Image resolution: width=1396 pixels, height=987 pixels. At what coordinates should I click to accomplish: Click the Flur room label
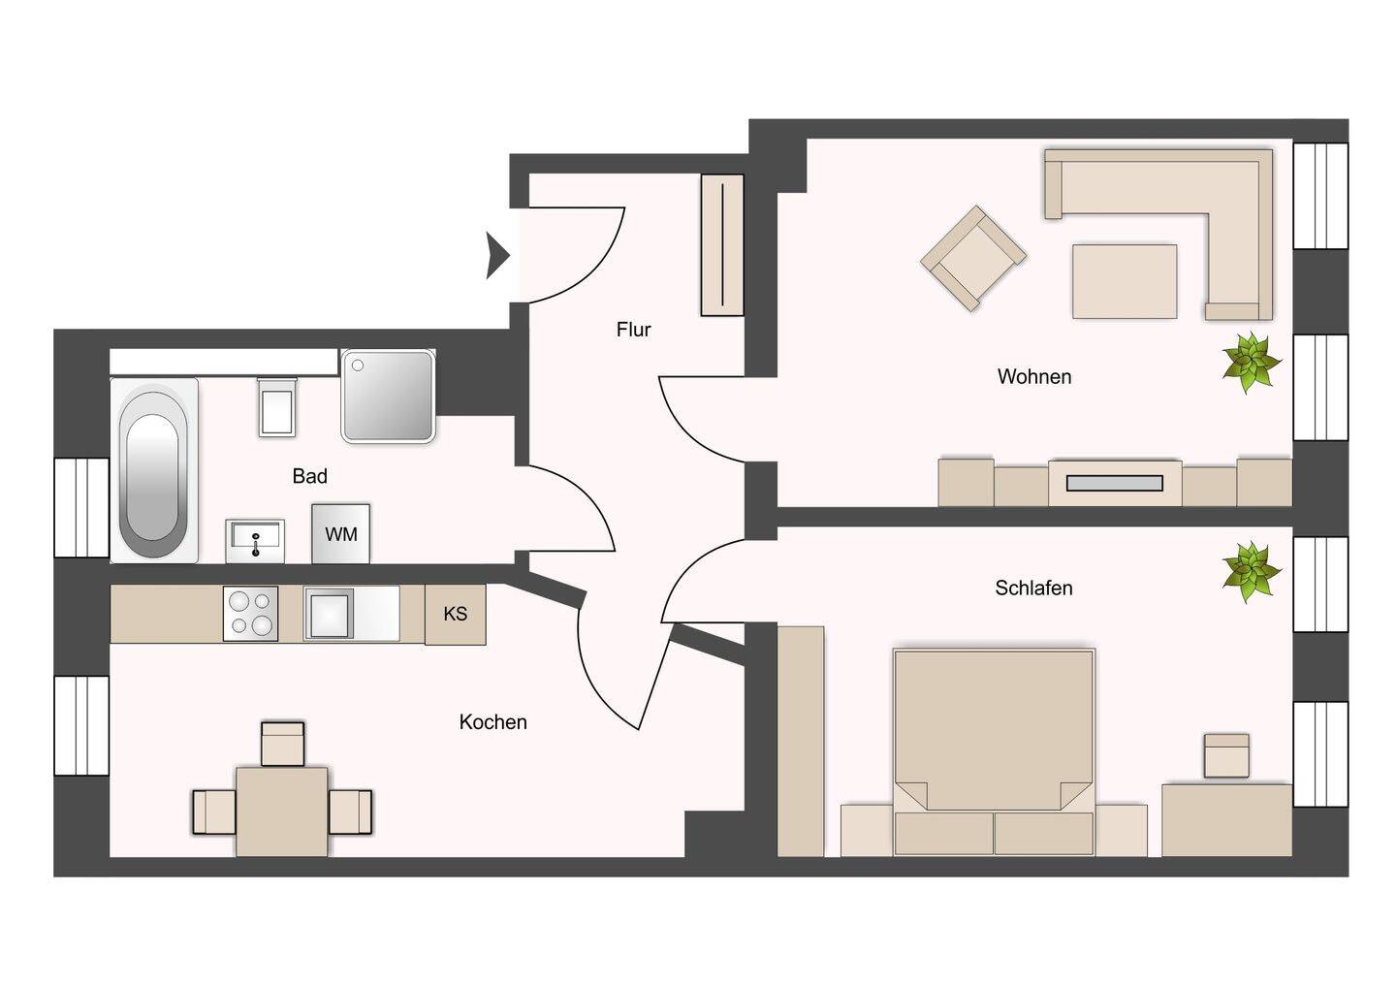tap(633, 329)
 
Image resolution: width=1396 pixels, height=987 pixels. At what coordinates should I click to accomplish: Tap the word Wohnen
tap(1033, 376)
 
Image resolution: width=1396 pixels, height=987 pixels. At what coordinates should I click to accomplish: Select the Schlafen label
tap(1033, 588)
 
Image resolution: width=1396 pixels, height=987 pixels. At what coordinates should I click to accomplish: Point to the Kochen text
tap(492, 721)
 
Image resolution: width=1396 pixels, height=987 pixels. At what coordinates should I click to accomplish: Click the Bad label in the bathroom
tap(310, 476)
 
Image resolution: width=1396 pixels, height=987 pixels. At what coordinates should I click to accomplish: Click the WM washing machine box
tap(341, 534)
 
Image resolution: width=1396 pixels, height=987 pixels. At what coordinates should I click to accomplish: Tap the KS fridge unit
tap(455, 614)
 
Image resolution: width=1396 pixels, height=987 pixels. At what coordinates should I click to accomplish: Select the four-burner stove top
tap(250, 614)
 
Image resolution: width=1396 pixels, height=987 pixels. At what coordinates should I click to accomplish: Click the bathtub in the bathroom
tap(154, 470)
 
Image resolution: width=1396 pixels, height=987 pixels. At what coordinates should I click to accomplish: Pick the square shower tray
tap(388, 396)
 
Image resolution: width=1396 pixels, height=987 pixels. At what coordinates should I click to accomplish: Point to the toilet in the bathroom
tap(276, 406)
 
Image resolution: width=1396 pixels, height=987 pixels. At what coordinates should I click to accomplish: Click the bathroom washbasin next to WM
tap(255, 541)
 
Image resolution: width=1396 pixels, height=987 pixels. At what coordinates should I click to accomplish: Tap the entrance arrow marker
tap(498, 255)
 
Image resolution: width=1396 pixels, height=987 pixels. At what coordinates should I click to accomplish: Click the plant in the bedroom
tap(1252, 573)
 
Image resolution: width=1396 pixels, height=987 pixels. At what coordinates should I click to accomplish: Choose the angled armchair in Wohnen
tap(973, 258)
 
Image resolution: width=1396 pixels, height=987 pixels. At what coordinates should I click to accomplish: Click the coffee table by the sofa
tap(1125, 281)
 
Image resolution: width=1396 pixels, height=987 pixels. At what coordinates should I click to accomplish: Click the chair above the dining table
tap(282, 744)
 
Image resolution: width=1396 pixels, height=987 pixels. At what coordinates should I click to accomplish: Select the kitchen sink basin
tap(329, 614)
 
